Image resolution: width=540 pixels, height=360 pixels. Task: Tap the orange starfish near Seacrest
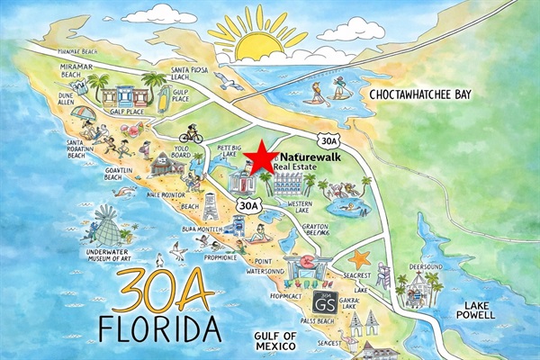(360, 259)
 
